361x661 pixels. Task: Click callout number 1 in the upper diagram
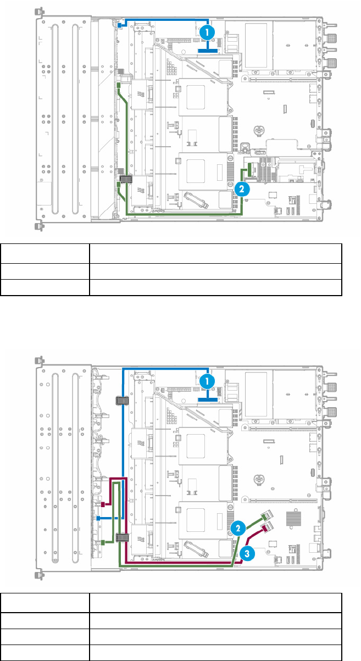207,32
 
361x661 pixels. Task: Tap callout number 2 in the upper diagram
242,189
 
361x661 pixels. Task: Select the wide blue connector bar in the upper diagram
208,51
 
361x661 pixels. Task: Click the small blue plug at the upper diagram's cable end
120,25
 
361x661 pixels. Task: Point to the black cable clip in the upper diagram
126,179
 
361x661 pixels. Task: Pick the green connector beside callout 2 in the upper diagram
251,170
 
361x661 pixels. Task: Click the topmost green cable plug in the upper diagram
119,85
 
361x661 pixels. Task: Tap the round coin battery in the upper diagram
259,130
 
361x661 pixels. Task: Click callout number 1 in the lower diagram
207,381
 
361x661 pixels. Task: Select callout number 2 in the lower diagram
238,528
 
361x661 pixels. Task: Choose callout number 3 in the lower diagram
247,554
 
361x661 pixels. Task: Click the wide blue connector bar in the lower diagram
208,400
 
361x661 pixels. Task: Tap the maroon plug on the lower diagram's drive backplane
103,504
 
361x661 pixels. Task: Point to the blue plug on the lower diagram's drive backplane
98,518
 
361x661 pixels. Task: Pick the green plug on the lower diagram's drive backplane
103,542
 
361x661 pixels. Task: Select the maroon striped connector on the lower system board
266,527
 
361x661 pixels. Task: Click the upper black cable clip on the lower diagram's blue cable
121,401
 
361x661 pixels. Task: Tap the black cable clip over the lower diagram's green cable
122,537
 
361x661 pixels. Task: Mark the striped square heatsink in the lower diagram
294,519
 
